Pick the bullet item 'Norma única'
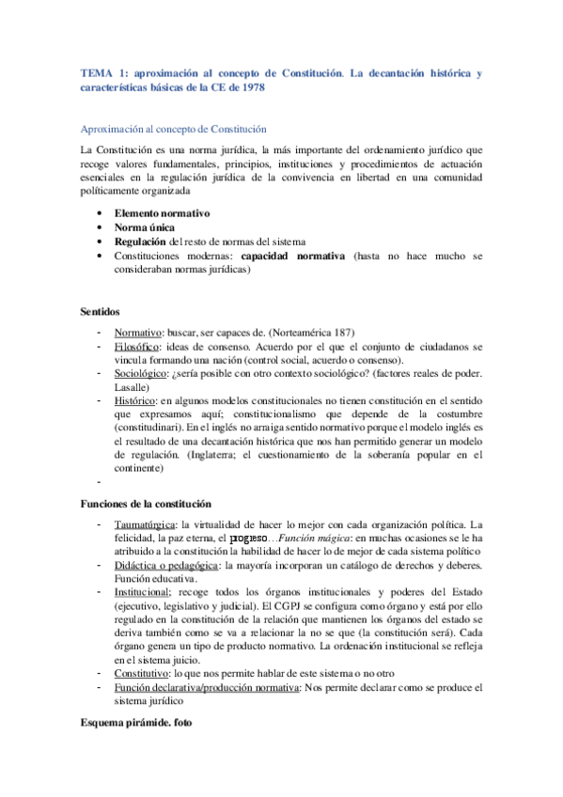[x=144, y=227]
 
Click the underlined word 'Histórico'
[x=136, y=401]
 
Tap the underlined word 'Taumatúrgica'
[x=146, y=524]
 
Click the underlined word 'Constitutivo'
[x=143, y=675]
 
